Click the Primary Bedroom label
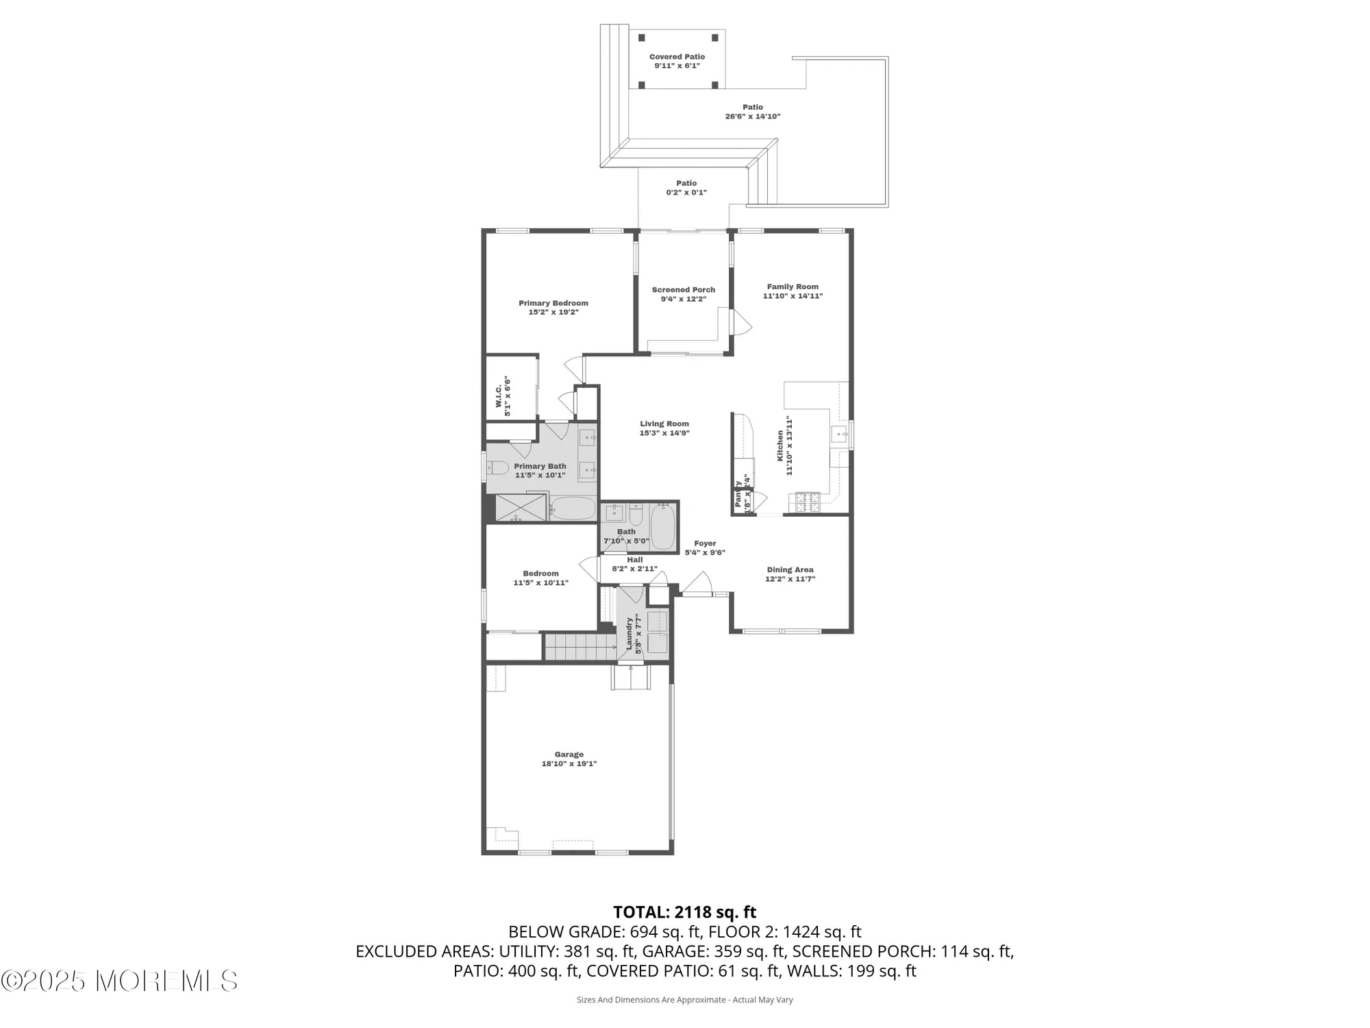553,303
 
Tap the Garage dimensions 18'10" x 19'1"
569,763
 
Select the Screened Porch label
683,290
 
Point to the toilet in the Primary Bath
497,469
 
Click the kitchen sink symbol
839,434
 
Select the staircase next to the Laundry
580,647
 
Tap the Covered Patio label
677,57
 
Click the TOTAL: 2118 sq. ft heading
684,912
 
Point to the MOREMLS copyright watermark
120,981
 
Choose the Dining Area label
790,570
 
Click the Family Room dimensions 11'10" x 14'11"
793,296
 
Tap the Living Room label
664,424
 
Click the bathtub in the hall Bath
662,528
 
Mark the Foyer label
704,543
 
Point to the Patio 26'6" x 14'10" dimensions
753,117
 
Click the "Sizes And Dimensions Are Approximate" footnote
684,1000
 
